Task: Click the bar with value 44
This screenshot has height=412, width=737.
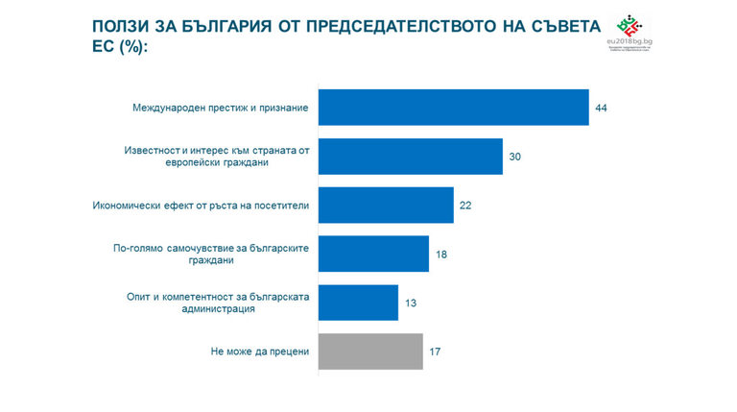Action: click(x=453, y=108)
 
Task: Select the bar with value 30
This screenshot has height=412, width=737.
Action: click(x=410, y=156)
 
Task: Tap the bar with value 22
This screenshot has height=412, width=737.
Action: click(x=385, y=206)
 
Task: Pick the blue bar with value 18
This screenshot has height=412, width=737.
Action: click(x=372, y=254)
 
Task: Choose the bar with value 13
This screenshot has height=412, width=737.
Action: click(x=357, y=303)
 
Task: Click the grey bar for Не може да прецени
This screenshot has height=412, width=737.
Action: click(x=369, y=351)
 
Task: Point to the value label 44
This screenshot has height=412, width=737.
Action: click(x=602, y=108)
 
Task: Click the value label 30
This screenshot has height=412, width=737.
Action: click(x=515, y=156)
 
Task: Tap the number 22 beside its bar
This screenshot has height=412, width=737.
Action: click(x=466, y=206)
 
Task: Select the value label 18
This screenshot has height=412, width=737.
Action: click(x=441, y=254)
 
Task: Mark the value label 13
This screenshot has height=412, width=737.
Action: click(x=411, y=303)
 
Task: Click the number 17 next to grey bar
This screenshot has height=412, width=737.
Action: click(x=436, y=351)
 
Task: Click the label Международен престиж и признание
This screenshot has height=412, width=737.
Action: click(x=220, y=108)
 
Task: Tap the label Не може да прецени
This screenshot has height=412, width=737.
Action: click(x=259, y=351)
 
